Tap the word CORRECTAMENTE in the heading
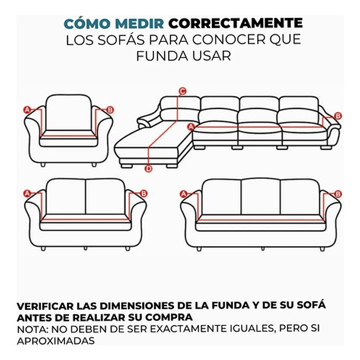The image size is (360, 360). (x=235, y=24)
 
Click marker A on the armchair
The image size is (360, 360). (x=27, y=109)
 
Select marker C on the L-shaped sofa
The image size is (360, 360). (x=182, y=91)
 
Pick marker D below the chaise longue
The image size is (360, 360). (x=149, y=169)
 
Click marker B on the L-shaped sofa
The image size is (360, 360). (x=338, y=116)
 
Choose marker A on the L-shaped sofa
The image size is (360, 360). (x=191, y=126)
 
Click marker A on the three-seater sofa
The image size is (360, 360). (x=183, y=194)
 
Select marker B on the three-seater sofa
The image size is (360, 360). (x=338, y=194)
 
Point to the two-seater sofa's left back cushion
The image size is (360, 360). (x=66, y=198)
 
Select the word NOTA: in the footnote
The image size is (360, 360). (x=32, y=329)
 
